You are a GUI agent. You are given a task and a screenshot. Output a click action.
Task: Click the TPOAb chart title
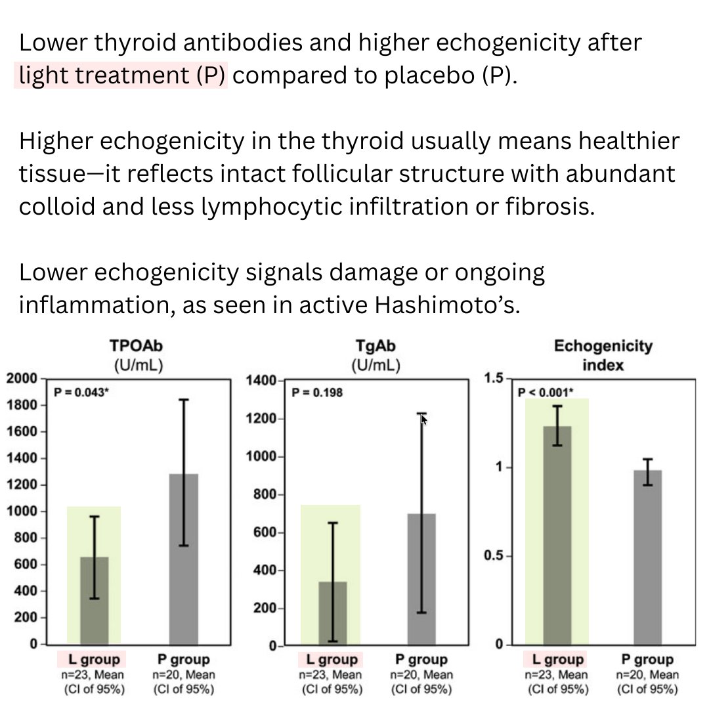[136, 348]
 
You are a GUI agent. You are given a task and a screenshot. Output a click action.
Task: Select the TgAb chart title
[376, 348]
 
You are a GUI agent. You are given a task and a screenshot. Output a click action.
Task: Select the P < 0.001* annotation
[546, 393]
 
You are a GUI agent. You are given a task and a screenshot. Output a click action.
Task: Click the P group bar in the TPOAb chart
[184, 558]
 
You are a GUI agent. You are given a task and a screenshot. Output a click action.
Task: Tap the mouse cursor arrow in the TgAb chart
[423, 419]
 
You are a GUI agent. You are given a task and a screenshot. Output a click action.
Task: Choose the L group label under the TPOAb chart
[94, 660]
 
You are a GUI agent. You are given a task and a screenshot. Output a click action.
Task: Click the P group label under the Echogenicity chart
[648, 660]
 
